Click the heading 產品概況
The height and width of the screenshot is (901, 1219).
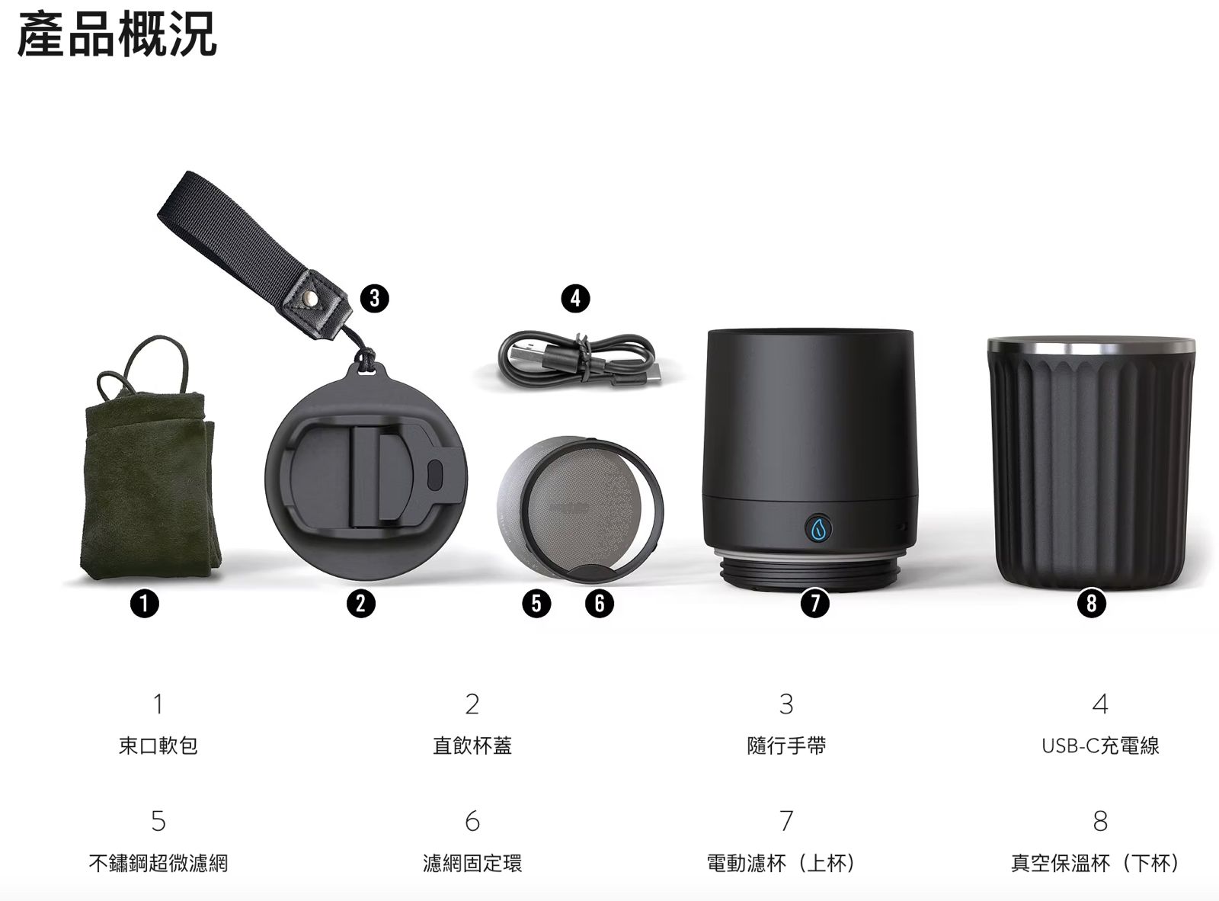tap(117, 35)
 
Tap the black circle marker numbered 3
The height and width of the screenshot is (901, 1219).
tap(374, 299)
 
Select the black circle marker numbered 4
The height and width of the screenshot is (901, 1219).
tap(575, 299)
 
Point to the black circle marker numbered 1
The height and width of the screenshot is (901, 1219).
tap(145, 604)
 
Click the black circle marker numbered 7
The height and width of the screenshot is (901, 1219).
tap(814, 603)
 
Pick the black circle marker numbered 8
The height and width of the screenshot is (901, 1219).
tap(1092, 603)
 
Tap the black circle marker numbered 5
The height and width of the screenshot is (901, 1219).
tap(536, 604)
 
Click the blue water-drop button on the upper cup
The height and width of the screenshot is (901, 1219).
tap(818, 528)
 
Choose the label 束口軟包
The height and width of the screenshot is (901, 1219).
tap(158, 746)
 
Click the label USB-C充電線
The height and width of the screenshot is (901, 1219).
tap(1100, 746)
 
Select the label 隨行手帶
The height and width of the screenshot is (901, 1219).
tap(786, 746)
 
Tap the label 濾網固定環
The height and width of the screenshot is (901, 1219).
tap(472, 863)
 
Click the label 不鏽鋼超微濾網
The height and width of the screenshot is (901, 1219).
tap(158, 863)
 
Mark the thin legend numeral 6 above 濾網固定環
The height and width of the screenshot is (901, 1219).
tap(472, 821)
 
